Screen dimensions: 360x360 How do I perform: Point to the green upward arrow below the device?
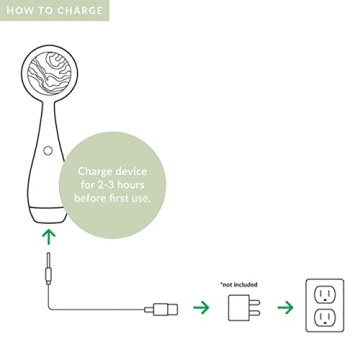[x=48, y=238]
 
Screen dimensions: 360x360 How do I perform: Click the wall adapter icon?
[x=240, y=307]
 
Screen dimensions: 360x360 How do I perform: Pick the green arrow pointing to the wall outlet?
[x=285, y=307]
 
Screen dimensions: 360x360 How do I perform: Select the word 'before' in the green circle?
[x=92, y=198]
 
